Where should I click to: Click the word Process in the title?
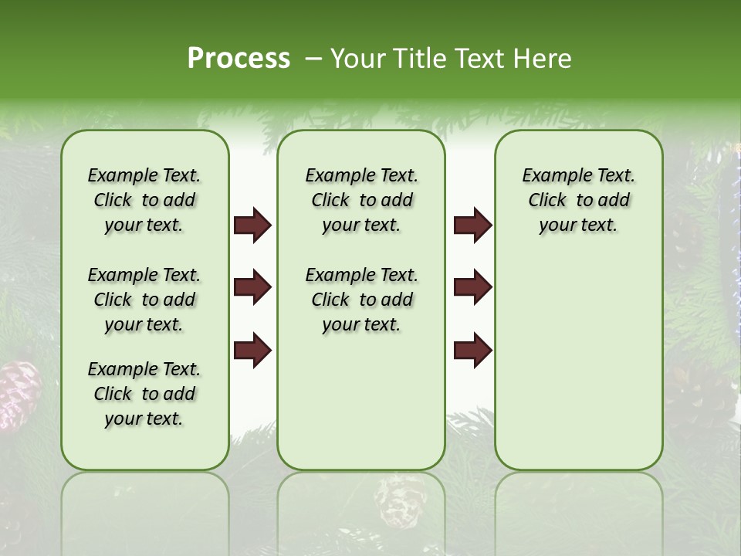(x=239, y=59)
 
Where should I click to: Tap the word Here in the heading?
(x=540, y=59)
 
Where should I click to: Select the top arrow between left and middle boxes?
(x=252, y=225)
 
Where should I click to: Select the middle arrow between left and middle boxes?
(x=252, y=288)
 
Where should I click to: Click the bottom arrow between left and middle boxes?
(x=252, y=350)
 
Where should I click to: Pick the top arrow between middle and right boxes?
(x=472, y=225)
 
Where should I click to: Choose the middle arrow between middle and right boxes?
(x=472, y=288)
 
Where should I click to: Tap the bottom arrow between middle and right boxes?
(x=472, y=350)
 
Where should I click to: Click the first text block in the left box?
(x=144, y=200)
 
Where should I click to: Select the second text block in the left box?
(x=144, y=300)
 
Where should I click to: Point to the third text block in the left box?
(x=144, y=394)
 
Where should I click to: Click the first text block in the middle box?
(x=362, y=200)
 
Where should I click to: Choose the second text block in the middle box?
(x=362, y=300)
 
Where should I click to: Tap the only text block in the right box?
(x=579, y=200)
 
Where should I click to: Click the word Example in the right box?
(x=550, y=176)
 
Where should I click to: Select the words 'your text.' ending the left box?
(x=144, y=419)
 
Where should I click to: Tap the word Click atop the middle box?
(x=330, y=201)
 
